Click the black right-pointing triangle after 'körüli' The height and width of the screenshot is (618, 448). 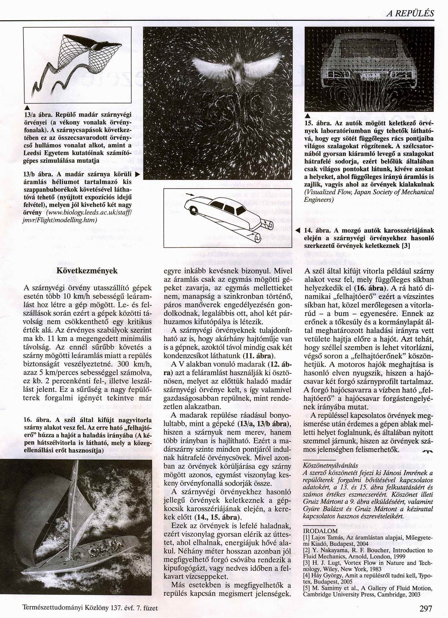point(138,175)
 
